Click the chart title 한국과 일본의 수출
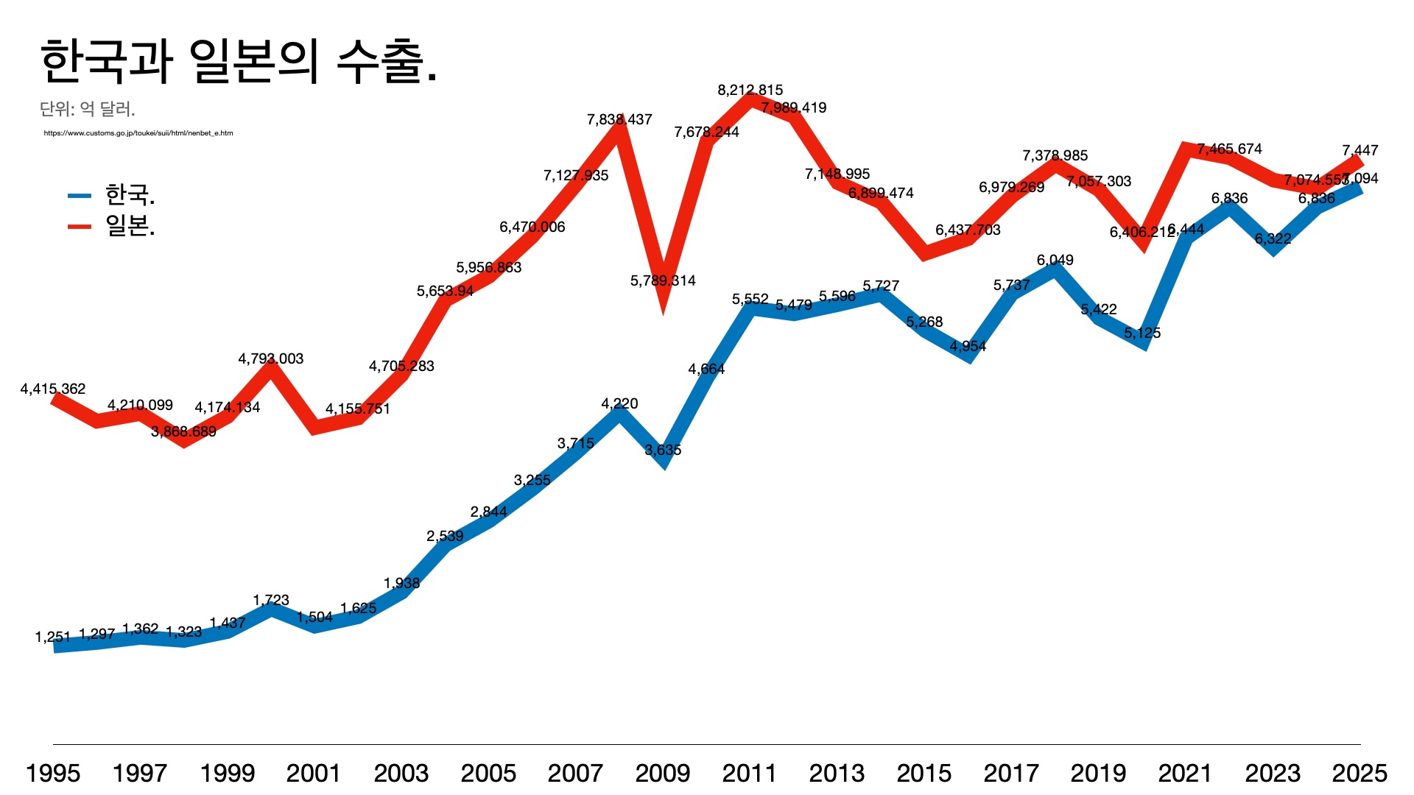pos(239,62)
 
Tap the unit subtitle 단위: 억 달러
pos(87,110)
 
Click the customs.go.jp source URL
pos(138,133)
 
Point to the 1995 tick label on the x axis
pos(53,773)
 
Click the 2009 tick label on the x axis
pos(662,773)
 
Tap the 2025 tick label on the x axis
pos(1360,773)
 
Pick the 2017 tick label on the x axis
pos(1011,773)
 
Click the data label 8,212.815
pos(750,91)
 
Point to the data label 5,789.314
pos(663,280)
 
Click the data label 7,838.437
pos(619,119)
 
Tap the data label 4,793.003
pos(271,358)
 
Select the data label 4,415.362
pos(53,389)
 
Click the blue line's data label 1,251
pos(53,637)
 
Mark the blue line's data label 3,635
pos(663,450)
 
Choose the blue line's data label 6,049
pos(1055,260)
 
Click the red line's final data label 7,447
pos(1360,150)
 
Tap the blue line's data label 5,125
pos(1142,333)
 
